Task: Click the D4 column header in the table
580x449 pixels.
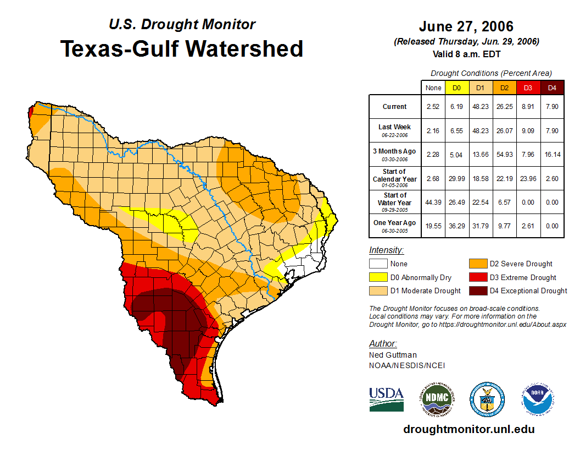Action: coord(552,87)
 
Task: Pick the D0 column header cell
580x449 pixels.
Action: coord(457,87)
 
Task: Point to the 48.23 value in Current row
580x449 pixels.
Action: coord(480,107)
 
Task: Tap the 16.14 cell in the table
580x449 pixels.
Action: coord(552,154)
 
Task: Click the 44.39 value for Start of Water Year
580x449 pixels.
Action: coord(433,201)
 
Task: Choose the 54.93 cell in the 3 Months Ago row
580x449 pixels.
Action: coord(504,154)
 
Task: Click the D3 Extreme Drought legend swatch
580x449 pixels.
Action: coord(477,277)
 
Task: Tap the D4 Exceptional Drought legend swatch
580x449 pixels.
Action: coord(477,291)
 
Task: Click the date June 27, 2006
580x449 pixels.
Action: coord(466,26)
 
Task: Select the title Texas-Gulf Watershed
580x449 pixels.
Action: coord(182,48)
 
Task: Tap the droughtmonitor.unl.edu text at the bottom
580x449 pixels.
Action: coord(469,429)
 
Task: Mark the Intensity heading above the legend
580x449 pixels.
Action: coord(386,250)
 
